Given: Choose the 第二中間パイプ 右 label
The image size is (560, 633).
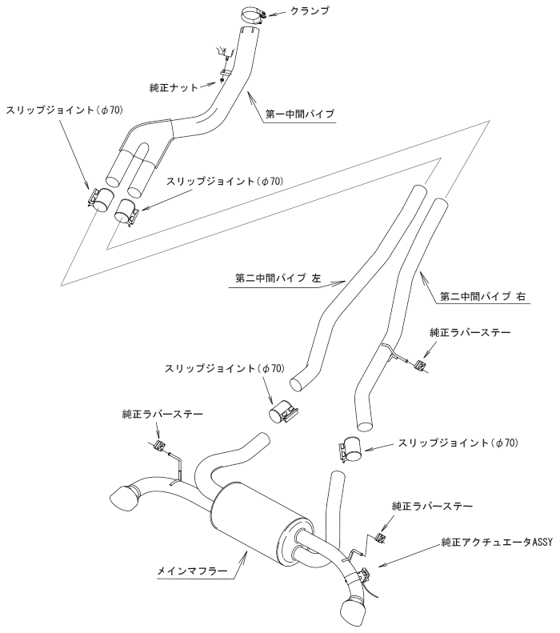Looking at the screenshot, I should pyautogui.click(x=482, y=295).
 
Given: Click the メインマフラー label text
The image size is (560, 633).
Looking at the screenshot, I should pyautogui.click(x=193, y=571).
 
